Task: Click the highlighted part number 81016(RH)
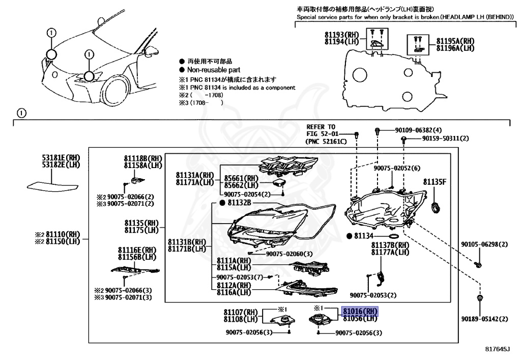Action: click(360, 311)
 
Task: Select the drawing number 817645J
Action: click(497, 350)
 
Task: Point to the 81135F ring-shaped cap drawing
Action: click(436, 207)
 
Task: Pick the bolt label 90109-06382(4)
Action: click(418, 130)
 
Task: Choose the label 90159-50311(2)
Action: click(438, 139)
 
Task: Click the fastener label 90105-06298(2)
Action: click(484, 244)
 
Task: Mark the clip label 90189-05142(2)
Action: click(484, 319)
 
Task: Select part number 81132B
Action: click(240, 203)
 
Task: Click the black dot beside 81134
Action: click(349, 236)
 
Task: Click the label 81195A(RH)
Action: click(455, 41)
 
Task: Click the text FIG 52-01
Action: click(321, 133)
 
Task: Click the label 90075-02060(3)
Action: click(289, 254)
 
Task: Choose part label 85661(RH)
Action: click(242, 179)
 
